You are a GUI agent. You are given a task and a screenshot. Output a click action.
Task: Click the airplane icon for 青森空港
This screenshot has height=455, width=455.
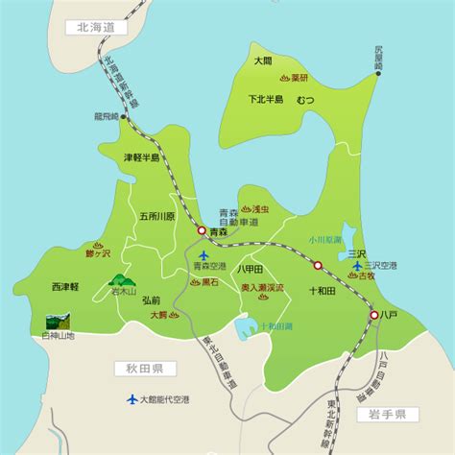pos(201,254)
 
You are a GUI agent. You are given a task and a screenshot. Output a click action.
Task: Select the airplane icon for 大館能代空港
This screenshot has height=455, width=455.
pos(132,399)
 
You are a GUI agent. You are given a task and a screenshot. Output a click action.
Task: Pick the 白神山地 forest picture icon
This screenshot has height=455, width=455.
pos(59,322)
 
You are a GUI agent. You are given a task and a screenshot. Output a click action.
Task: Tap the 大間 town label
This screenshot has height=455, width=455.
pos(263,60)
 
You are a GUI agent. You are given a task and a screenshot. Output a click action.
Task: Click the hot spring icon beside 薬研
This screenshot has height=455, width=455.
pos(285,78)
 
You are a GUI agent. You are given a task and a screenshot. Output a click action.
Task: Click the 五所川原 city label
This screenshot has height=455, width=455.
pos(157,216)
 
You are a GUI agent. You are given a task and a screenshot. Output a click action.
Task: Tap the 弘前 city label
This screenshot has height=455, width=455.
pos(151,299)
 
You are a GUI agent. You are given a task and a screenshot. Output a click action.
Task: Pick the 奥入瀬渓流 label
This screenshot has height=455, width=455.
pos(262,286)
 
